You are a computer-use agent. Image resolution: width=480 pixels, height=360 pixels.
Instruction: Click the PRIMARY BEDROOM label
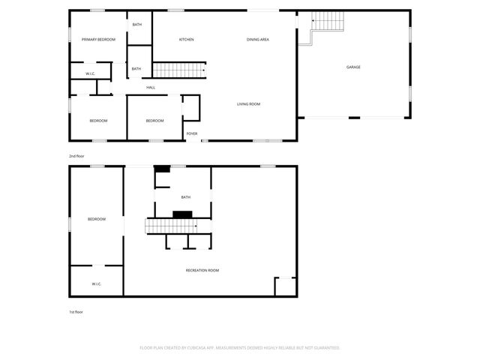99,39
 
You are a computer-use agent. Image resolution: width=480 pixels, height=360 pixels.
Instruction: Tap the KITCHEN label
187,39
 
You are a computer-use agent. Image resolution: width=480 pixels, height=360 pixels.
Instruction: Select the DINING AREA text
258,39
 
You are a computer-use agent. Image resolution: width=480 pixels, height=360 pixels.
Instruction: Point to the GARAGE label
353,67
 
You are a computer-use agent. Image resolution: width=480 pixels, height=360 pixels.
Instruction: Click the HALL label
151,88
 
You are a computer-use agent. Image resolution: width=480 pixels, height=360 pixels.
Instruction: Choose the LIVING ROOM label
249,104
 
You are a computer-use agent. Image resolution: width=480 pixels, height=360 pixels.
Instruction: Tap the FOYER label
192,133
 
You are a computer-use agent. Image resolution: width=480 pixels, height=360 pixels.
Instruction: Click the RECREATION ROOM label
202,270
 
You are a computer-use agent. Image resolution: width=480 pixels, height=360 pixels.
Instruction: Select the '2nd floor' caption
76,155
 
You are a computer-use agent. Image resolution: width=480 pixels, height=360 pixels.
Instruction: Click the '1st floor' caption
76,311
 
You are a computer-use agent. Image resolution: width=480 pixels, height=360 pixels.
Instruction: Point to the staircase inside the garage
325,22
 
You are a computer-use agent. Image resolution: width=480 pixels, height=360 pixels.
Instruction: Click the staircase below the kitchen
179,70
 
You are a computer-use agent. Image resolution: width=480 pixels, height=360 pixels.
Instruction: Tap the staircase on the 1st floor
171,226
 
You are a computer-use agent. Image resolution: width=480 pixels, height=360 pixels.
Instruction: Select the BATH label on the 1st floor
186,197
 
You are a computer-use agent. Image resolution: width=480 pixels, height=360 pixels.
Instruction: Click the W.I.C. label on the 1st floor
97,284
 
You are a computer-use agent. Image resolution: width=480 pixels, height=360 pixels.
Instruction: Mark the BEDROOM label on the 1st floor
97,219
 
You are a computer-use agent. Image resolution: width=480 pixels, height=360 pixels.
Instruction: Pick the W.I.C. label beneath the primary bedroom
90,73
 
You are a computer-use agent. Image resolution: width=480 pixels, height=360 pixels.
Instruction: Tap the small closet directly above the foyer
191,108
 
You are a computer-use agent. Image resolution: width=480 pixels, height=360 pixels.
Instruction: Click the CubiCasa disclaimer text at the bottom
240,348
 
